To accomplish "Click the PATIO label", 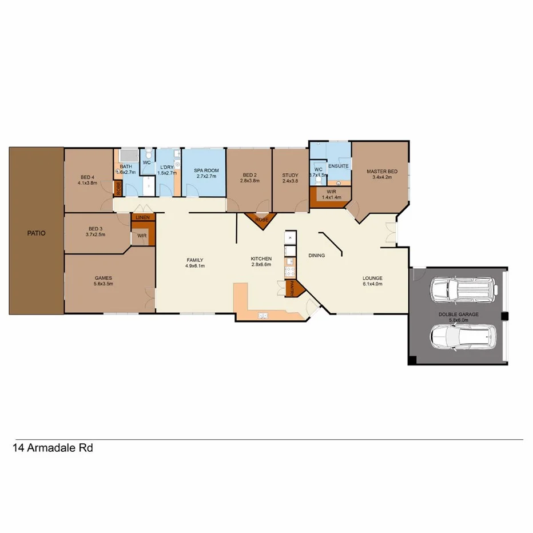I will pyautogui.click(x=35, y=233).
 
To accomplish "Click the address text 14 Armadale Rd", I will pyautogui.click(x=52, y=448).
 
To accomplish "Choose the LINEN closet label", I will pyautogui.click(x=142, y=218).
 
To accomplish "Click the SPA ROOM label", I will pyautogui.click(x=205, y=170).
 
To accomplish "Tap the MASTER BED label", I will pyautogui.click(x=382, y=171).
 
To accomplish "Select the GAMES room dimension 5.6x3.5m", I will pyautogui.click(x=104, y=284).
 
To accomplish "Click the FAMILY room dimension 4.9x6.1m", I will pyautogui.click(x=194, y=266).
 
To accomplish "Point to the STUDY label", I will pyautogui.click(x=290, y=175).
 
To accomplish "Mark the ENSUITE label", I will pyautogui.click(x=338, y=166).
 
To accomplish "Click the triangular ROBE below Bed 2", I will pyautogui.click(x=261, y=220).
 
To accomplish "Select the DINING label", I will pyautogui.click(x=316, y=256).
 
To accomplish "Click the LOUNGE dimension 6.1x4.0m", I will pyautogui.click(x=372, y=285).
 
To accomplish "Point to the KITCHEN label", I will pyautogui.click(x=261, y=259).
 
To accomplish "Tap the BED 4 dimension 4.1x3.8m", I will pyautogui.click(x=87, y=183).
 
